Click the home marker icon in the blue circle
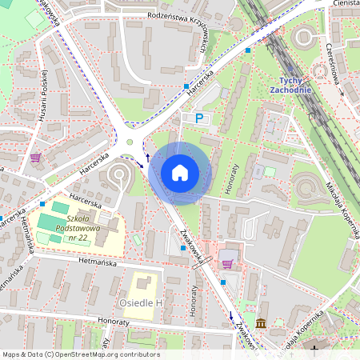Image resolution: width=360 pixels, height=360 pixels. [x=180, y=172]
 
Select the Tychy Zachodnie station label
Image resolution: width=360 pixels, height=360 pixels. [x=290, y=86]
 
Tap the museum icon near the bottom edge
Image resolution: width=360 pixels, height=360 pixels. [x=262, y=324]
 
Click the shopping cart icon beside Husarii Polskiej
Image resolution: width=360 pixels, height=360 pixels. [x=35, y=157]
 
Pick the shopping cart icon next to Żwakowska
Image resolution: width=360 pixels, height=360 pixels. [x=227, y=263]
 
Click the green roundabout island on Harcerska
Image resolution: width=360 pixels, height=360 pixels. [x=130, y=144]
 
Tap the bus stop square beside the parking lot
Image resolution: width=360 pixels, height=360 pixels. [x=186, y=85]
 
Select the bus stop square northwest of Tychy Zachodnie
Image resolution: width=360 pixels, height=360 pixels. [x=248, y=50]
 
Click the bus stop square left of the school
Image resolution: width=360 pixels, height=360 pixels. [x=42, y=204]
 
